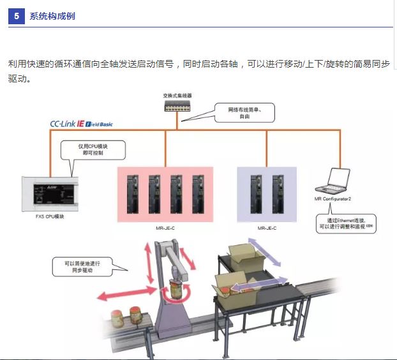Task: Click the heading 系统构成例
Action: (x=52, y=16)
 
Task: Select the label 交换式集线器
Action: (x=177, y=96)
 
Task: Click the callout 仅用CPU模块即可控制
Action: (x=93, y=150)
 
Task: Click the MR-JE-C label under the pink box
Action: (x=165, y=228)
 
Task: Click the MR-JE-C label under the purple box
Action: (x=267, y=228)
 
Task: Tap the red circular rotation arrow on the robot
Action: (x=174, y=294)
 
